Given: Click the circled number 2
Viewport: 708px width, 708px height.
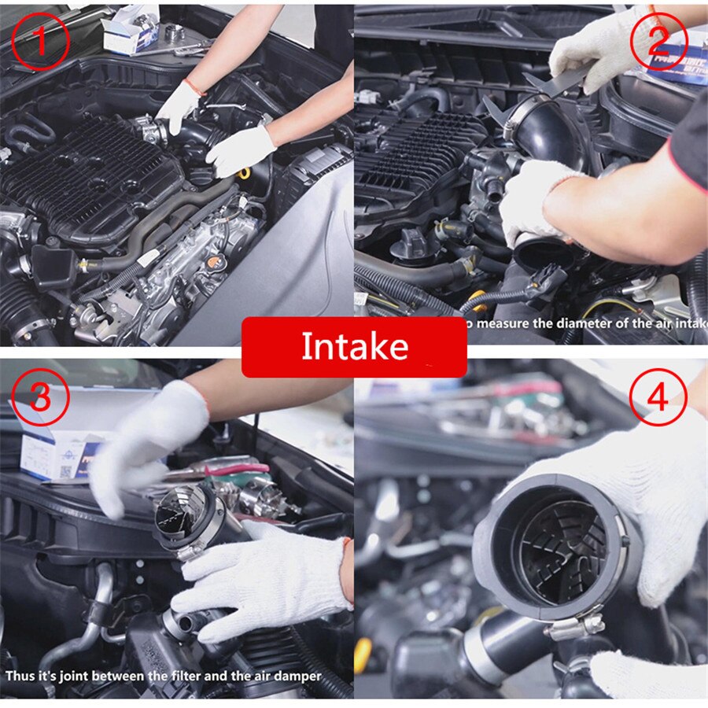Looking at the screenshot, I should (659, 39).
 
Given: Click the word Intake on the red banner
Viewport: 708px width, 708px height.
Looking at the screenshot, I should (354, 347).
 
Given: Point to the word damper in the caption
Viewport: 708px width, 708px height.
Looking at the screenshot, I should (298, 676).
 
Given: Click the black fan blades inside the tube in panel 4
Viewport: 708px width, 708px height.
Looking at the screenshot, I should (559, 547).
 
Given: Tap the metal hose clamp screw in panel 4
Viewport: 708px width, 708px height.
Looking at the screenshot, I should (575, 626).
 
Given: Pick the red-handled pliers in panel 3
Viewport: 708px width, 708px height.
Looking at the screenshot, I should (236, 470).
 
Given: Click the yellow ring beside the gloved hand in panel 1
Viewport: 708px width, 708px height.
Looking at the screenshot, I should (245, 172).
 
